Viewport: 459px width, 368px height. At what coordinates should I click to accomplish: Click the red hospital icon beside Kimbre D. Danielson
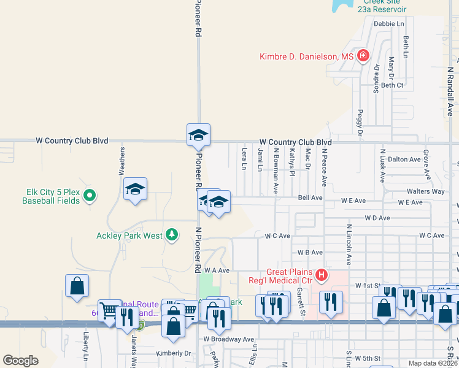[x=363, y=56]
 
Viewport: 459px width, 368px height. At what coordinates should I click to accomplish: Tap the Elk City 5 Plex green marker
[x=90, y=196]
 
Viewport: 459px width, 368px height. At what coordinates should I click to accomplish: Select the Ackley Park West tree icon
[x=172, y=234]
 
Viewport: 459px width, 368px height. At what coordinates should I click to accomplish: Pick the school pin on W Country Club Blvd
[x=198, y=134]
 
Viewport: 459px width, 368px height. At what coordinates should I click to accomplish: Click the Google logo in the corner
[x=20, y=361]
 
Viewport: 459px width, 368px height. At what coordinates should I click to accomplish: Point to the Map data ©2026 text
[x=433, y=363]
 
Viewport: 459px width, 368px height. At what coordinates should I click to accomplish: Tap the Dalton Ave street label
[x=404, y=159]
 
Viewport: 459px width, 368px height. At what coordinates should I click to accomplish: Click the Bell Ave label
[x=310, y=198]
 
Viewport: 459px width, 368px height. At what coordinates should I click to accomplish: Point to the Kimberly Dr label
[x=174, y=353]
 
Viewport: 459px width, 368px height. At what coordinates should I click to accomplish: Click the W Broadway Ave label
[x=229, y=339]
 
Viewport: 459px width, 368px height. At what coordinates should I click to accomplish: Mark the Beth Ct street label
[x=392, y=85]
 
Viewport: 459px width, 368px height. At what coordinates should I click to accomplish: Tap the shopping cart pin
[x=109, y=309]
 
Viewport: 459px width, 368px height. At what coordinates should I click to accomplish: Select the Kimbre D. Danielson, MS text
[x=307, y=56]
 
